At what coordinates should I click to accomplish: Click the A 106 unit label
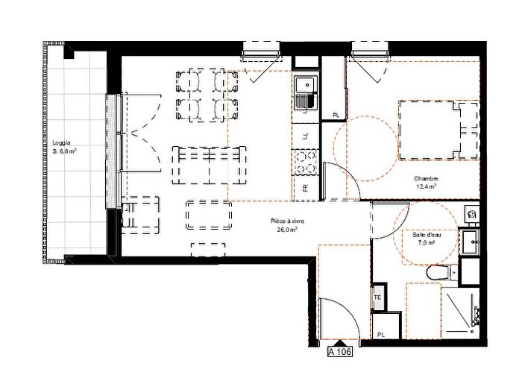(339, 351)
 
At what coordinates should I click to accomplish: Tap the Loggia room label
(61, 142)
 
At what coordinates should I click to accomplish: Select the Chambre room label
(426, 179)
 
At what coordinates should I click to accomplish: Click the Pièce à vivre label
(287, 221)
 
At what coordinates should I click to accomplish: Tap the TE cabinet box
(379, 297)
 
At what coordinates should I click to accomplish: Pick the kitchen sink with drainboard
(306, 93)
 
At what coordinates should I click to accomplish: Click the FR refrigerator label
(305, 188)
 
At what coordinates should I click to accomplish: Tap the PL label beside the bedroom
(336, 116)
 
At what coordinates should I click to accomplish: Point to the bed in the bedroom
(438, 130)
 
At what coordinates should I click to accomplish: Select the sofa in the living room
(210, 165)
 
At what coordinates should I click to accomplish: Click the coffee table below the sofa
(209, 215)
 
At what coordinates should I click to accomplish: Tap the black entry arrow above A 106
(339, 343)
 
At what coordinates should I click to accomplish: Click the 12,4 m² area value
(427, 186)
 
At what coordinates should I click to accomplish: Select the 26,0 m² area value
(287, 230)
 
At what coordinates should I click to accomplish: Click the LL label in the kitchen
(304, 136)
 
